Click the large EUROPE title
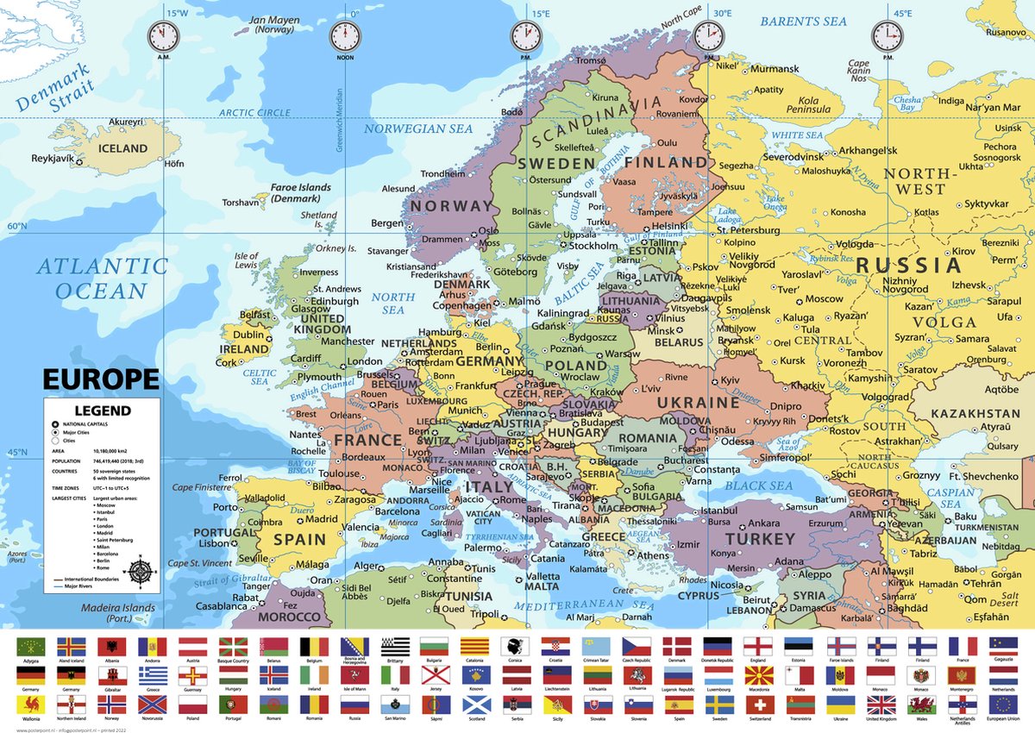(x=101, y=380)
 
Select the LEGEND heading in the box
(x=102, y=410)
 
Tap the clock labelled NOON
(x=345, y=37)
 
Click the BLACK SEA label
(x=758, y=486)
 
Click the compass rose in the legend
(x=141, y=571)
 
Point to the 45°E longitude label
(x=901, y=13)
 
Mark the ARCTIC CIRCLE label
(x=254, y=112)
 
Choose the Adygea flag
(x=31, y=647)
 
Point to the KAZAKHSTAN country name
(x=975, y=414)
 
